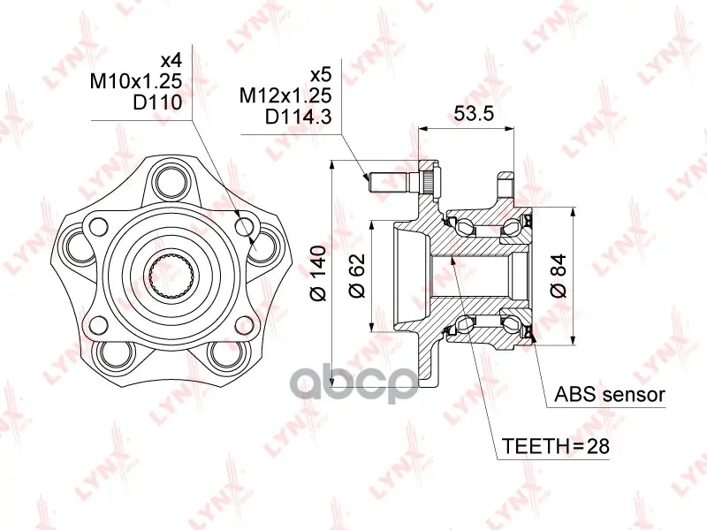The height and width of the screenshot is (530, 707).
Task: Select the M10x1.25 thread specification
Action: point(136,81)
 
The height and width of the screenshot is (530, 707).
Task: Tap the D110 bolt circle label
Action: point(157,102)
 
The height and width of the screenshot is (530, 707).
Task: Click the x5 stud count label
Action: point(321,74)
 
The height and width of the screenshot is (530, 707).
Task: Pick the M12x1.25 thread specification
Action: point(285,95)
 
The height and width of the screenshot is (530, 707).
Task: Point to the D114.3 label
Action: point(298,117)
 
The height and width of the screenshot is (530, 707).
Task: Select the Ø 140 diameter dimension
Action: point(318,273)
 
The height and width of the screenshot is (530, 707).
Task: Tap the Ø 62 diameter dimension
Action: point(357,276)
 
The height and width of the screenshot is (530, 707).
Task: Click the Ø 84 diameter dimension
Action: point(559,276)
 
